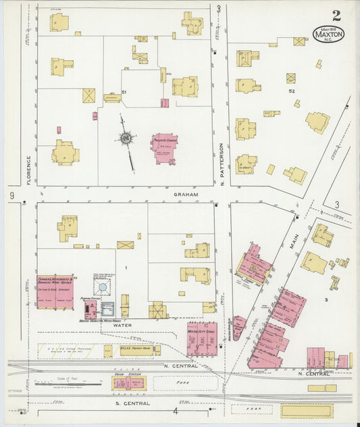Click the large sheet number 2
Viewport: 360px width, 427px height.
coord(336,15)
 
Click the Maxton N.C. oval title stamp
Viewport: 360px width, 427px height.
coord(328,33)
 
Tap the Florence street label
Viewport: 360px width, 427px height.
coord(29,170)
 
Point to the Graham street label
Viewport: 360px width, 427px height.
coord(186,194)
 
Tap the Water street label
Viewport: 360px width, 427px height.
coord(122,325)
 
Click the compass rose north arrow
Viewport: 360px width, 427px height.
coord(126,139)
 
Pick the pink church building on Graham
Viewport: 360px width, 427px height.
coord(165,148)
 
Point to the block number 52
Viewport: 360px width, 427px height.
coord(292,91)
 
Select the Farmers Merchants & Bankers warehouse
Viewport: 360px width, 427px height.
coord(55,292)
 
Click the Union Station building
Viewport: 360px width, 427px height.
coord(128,383)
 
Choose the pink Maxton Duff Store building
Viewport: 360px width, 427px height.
coord(202,338)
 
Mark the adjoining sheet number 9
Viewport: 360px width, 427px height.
coord(12,195)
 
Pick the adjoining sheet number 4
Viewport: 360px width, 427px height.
coord(174,410)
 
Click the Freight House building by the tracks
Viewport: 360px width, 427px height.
coord(136,351)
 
